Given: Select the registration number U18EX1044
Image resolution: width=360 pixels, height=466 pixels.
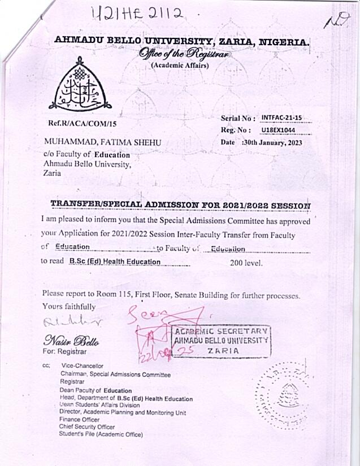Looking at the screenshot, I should tap(281, 130).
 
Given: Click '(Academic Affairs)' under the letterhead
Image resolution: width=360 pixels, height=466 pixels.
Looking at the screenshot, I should tap(180, 66).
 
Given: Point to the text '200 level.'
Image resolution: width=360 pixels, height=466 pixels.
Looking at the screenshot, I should tap(246, 262).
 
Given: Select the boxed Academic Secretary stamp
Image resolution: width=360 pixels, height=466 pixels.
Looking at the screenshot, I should tap(220, 341).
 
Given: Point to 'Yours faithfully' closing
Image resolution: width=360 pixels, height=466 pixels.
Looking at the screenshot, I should tap(69, 307).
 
